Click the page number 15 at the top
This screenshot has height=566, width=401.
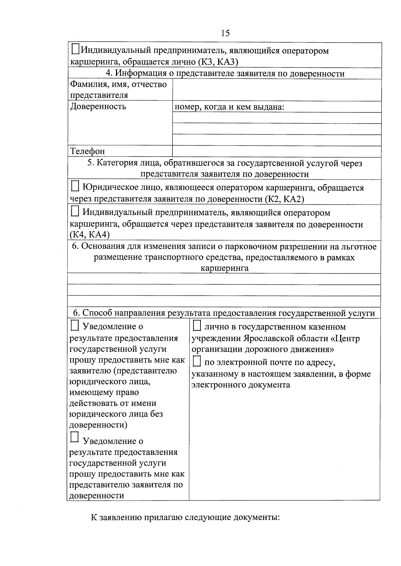[x=225, y=33]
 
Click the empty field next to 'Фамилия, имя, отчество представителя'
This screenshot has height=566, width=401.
[x=277, y=90]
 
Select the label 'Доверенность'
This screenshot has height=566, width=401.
[x=98, y=106]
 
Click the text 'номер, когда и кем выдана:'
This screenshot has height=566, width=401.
[x=229, y=107]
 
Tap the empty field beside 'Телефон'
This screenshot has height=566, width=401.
[x=277, y=151]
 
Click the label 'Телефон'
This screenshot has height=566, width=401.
[x=87, y=151]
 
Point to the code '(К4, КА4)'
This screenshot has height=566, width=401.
[x=90, y=235]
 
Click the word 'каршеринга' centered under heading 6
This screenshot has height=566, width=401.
[x=224, y=268]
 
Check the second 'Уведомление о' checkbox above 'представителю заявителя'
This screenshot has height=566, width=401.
[x=75, y=437]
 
